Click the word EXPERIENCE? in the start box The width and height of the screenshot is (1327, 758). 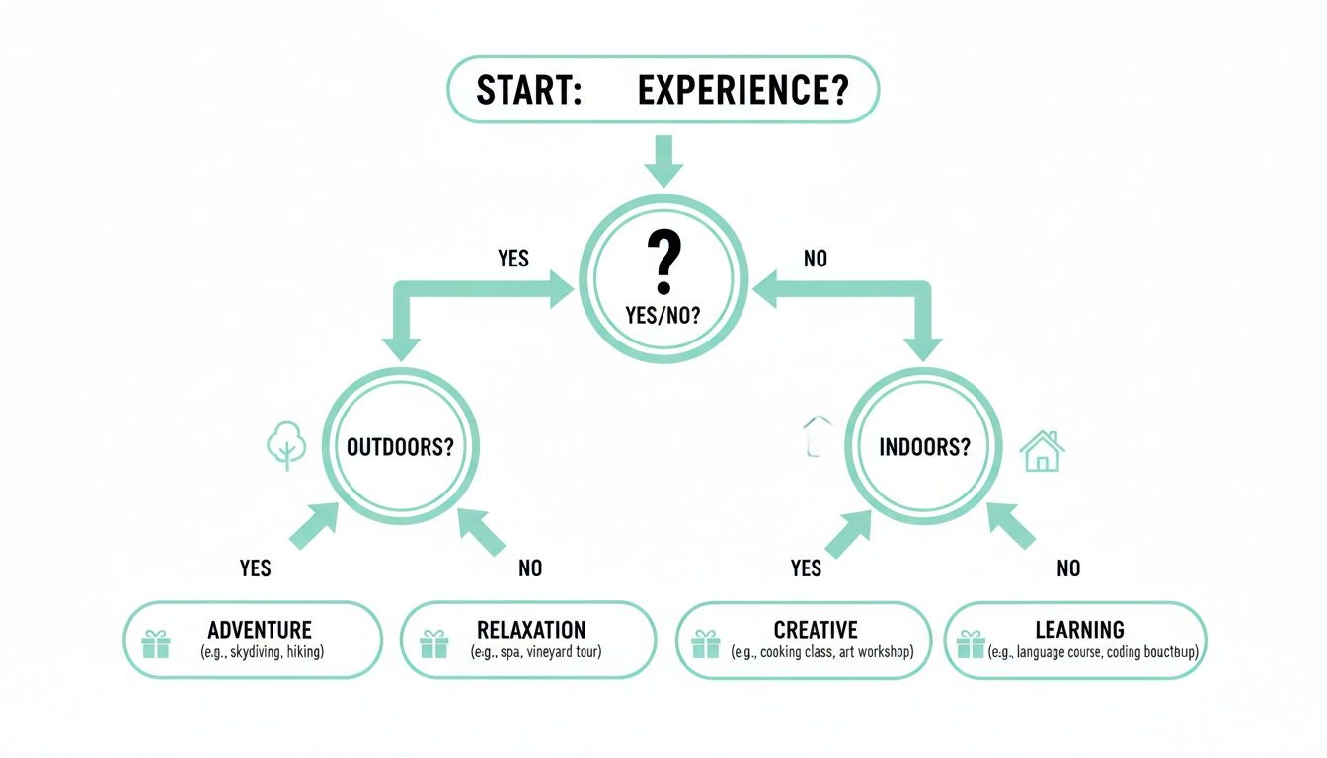742,90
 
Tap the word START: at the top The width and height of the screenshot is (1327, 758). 527,90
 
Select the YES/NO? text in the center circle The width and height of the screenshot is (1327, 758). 663,316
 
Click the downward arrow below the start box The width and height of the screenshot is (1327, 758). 663,160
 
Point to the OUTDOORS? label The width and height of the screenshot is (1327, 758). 400,446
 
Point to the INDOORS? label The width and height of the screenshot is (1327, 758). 924,446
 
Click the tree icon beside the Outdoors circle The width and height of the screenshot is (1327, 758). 287,447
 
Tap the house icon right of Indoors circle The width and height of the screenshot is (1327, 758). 1042,451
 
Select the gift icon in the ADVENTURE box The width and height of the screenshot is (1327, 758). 155,644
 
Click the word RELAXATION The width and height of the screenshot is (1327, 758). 531,630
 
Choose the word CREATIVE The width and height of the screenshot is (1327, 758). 816,630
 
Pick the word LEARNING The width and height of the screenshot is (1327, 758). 1079,630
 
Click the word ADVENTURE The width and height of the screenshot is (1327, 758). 260,630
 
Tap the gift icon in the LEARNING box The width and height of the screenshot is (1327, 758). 971,644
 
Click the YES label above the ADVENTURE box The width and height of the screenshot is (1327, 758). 255,568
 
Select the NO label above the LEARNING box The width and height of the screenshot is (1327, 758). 1068,568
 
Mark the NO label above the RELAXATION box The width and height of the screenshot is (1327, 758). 530,568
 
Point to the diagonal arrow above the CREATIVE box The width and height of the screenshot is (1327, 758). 846,533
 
